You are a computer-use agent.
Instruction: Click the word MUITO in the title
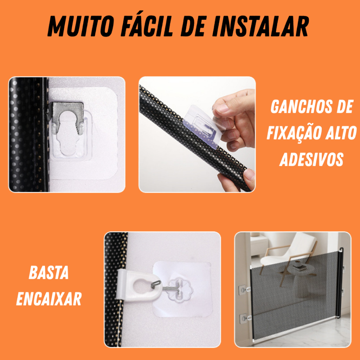tap(81, 26)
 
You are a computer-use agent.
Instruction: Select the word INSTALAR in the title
tap(261, 26)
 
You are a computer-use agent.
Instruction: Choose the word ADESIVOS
tap(311, 159)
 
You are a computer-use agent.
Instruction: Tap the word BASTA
tap(49, 272)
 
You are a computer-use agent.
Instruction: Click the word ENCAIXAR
tap(49, 299)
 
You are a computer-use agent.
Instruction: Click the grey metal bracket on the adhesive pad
tap(66, 117)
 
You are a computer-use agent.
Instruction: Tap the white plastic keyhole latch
tap(138, 285)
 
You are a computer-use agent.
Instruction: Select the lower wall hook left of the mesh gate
tap(245, 318)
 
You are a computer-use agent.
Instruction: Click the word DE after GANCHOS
tap(345, 107)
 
